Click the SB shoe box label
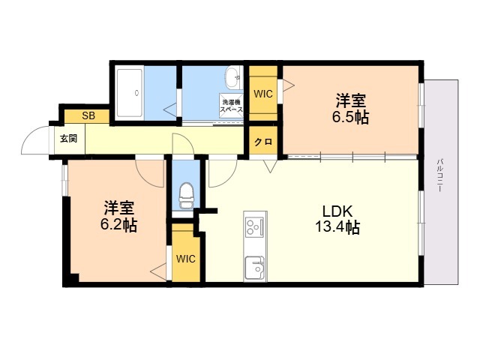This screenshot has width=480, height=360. click(x=88, y=115)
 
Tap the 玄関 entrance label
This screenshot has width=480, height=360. click(x=68, y=139)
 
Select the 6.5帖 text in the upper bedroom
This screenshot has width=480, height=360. click(x=351, y=118)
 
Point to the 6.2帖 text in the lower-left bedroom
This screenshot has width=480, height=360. click(x=120, y=224)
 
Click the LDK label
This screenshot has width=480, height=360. click(x=337, y=211)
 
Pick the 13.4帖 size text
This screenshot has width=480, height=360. click(x=337, y=227)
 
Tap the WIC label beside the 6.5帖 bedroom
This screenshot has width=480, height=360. click(x=263, y=94)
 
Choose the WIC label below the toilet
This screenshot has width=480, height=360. click(x=186, y=259)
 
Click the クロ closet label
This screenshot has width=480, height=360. click(x=262, y=142)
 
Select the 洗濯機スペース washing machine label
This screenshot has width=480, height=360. click(x=231, y=105)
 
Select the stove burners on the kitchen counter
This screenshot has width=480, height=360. click(x=254, y=225)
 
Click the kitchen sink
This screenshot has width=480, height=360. click(x=254, y=267)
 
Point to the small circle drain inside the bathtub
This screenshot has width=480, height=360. click(x=136, y=93)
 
